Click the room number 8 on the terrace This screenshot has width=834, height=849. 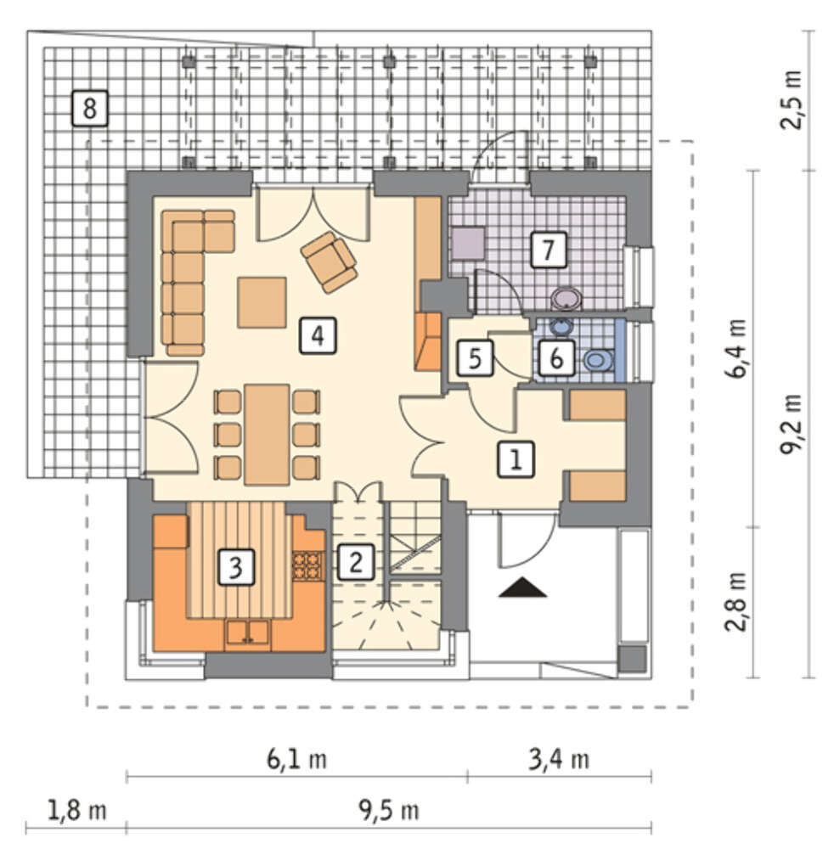pyautogui.click(x=89, y=109)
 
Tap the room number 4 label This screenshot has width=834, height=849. pyautogui.click(x=318, y=335)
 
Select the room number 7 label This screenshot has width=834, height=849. pyautogui.click(x=549, y=250)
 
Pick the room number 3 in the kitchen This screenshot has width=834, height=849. pyautogui.click(x=236, y=567)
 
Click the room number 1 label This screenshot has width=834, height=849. pyautogui.click(x=516, y=459)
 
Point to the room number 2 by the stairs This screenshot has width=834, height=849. pyautogui.click(x=356, y=562)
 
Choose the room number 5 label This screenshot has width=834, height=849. pyautogui.click(x=475, y=358)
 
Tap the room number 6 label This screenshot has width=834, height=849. pyautogui.click(x=556, y=358)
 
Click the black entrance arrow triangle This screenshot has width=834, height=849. pyautogui.click(x=522, y=588)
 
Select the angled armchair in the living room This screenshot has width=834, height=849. pyautogui.click(x=329, y=262)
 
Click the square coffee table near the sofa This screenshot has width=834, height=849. pyautogui.click(x=262, y=303)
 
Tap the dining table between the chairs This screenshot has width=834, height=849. pyautogui.click(x=267, y=435)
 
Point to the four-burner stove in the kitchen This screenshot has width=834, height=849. pyautogui.click(x=308, y=565)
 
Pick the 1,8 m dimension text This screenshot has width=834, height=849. pyautogui.click(x=77, y=811)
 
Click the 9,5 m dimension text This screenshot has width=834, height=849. pyautogui.click(x=389, y=811)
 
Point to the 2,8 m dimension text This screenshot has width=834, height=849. pyautogui.click(x=736, y=602)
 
